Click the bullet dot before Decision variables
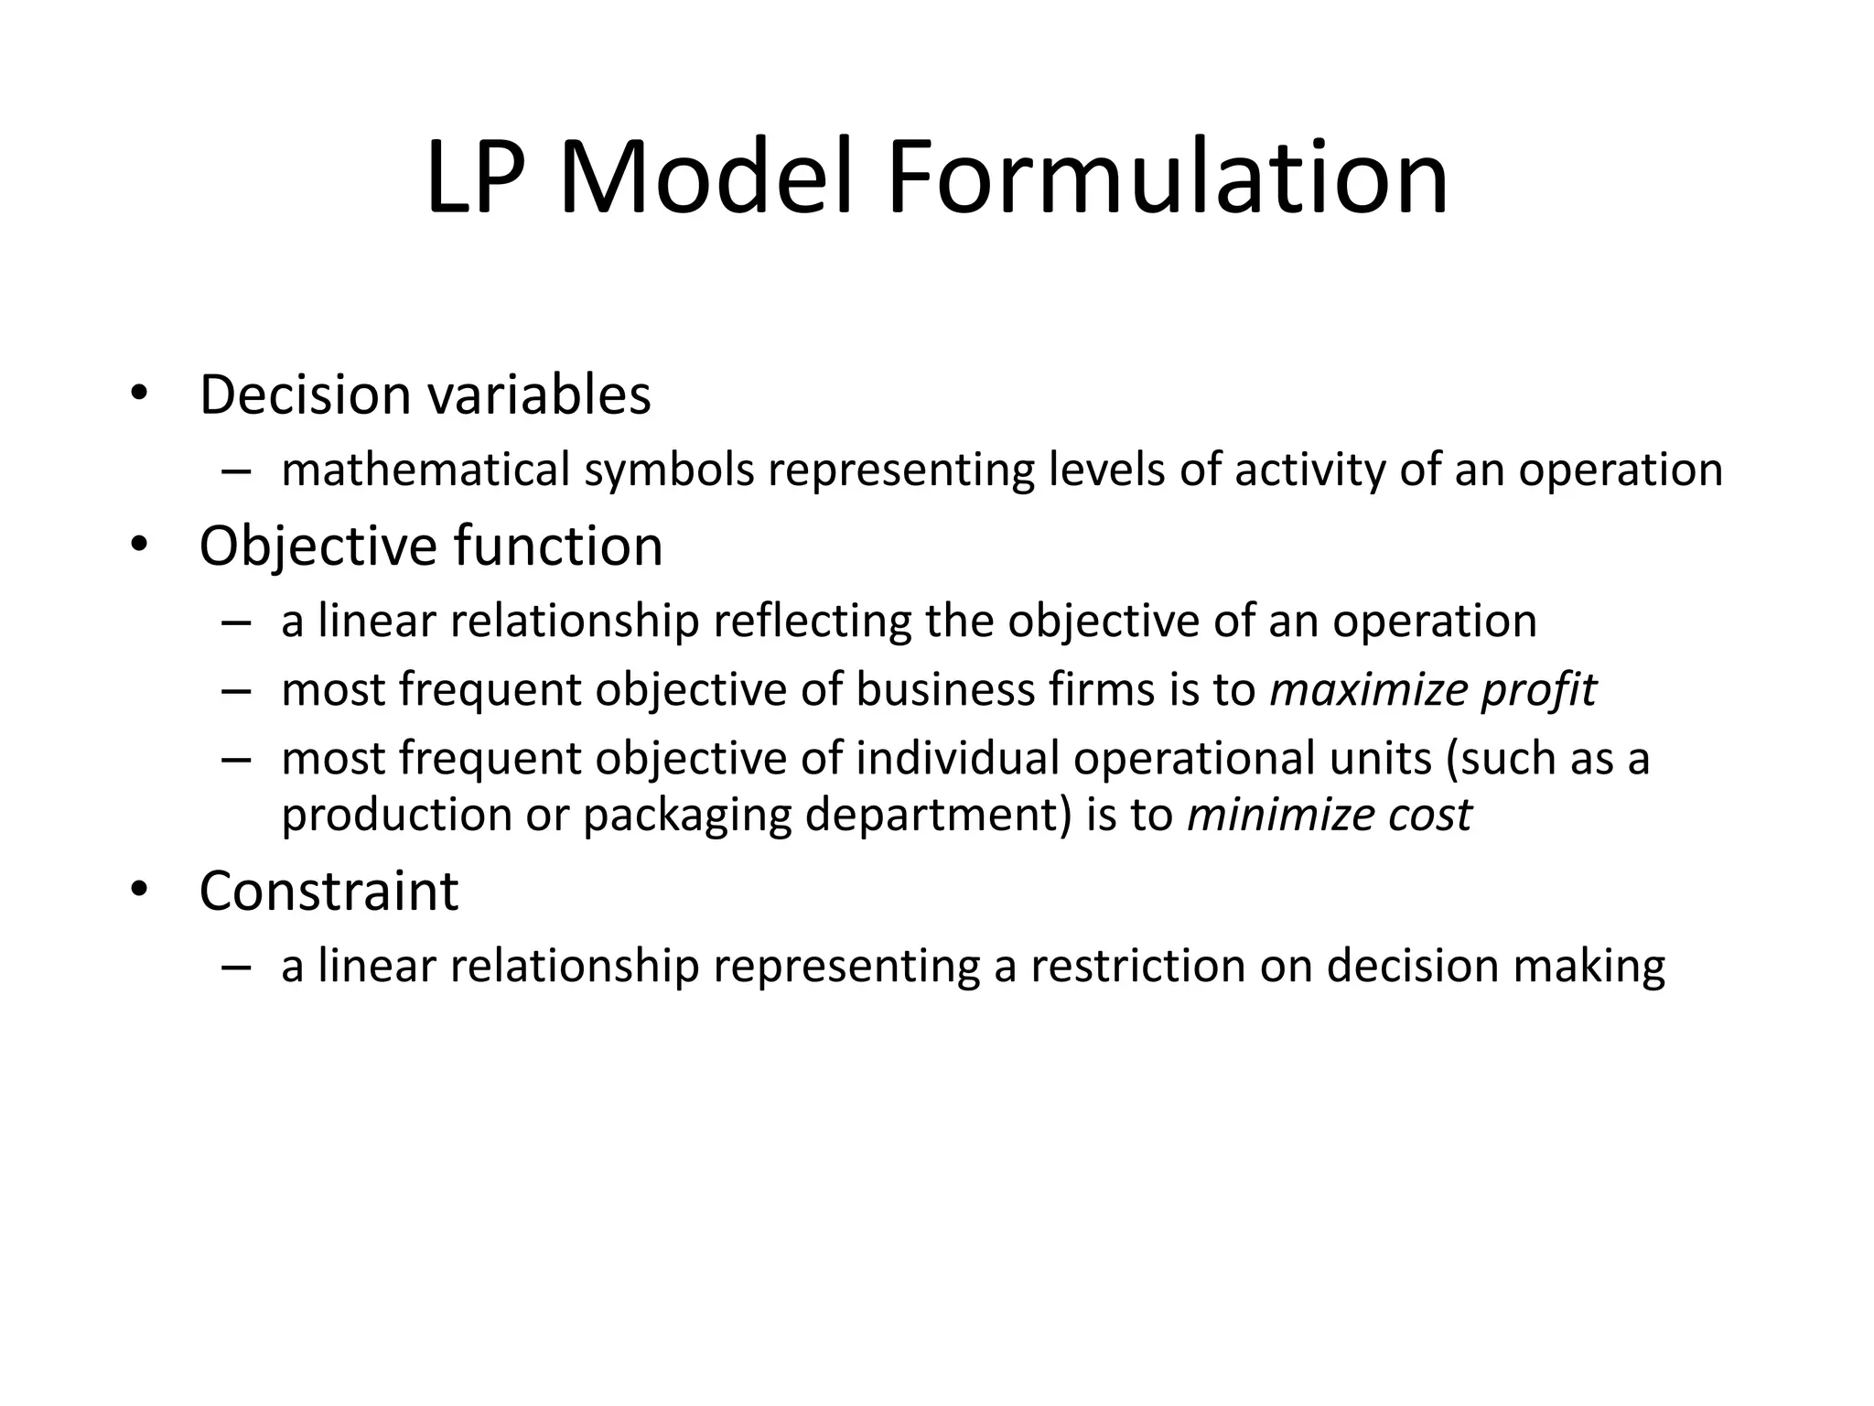(x=138, y=394)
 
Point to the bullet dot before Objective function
(x=138, y=545)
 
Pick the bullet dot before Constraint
(x=138, y=890)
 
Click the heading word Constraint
(x=328, y=891)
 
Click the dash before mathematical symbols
(x=235, y=472)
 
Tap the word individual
(x=958, y=759)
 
